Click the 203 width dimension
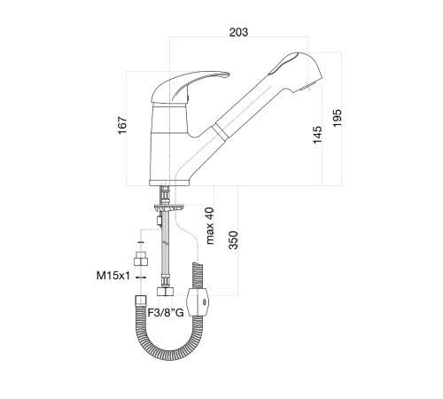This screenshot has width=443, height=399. pyautogui.click(x=238, y=32)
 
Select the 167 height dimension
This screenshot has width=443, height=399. pyautogui.click(x=122, y=125)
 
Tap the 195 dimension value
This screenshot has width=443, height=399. pyautogui.click(x=337, y=118)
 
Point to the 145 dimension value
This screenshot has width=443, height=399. pyautogui.click(x=317, y=135)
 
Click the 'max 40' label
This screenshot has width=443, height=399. pyautogui.click(x=209, y=226)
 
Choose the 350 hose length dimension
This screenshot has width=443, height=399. pyautogui.click(x=233, y=240)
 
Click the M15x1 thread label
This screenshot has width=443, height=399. pyautogui.click(x=113, y=276)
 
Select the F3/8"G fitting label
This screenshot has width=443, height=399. pyautogui.click(x=166, y=312)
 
